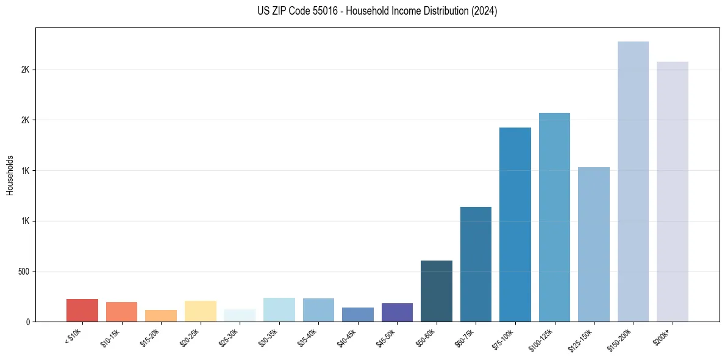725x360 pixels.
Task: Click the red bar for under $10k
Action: coord(82,310)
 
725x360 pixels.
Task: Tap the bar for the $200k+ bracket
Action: coord(673,192)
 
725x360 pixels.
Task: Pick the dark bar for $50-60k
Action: coord(437,291)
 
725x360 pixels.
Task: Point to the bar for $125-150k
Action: coord(594,244)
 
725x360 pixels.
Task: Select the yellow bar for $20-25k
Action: coord(201,311)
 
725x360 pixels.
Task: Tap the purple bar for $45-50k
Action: coord(397,312)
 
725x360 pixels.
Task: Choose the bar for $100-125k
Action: coord(554,217)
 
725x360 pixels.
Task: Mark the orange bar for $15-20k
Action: coord(161,315)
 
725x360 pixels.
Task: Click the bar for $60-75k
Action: coord(476,264)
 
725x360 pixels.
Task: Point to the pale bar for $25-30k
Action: coord(240,315)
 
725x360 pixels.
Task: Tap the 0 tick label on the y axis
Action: coord(28,322)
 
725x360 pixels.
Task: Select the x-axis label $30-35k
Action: coord(269,337)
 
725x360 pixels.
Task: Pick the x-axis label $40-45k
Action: coord(348,337)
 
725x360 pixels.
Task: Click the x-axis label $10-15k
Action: coord(111,337)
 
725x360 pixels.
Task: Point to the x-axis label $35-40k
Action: coord(308,337)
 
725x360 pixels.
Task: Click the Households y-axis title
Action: coord(10,175)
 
